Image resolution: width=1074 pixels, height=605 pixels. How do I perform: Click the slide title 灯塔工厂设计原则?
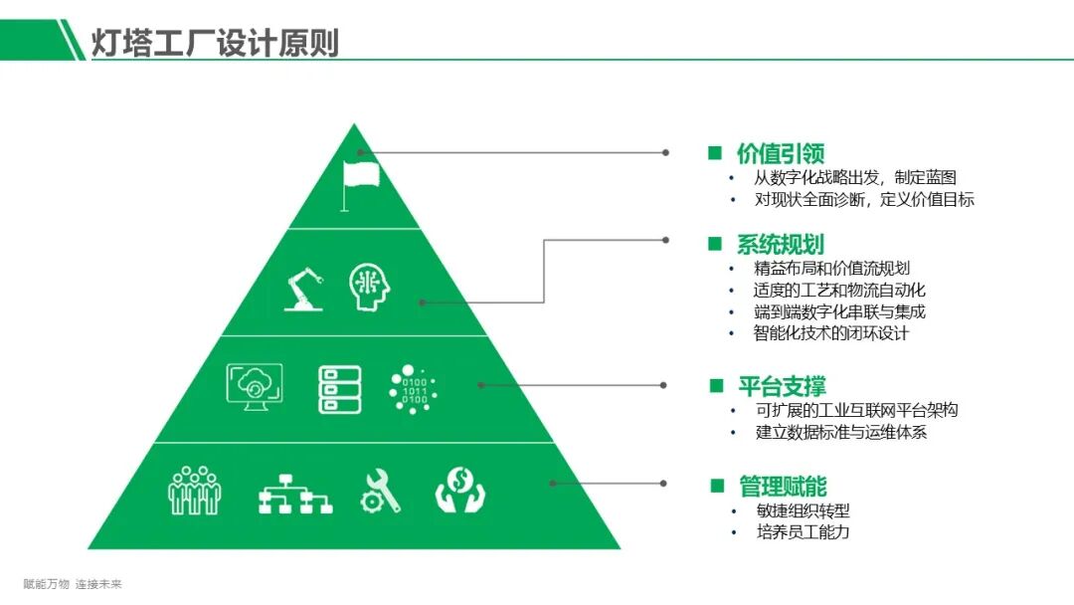(x=214, y=42)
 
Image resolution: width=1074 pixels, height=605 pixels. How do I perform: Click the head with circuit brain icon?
(x=369, y=287)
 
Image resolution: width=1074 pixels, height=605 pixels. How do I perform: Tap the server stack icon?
(x=339, y=389)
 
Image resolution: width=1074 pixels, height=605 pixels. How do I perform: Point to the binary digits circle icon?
(x=413, y=388)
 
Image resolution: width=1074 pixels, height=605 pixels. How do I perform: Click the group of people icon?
(x=195, y=491)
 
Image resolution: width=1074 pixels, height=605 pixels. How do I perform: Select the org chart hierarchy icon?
(x=294, y=492)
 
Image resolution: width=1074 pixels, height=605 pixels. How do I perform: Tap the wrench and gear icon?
(x=380, y=491)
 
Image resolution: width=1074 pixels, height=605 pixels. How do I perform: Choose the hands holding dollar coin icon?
(x=459, y=491)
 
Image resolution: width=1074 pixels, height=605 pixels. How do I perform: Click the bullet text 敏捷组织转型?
(x=803, y=511)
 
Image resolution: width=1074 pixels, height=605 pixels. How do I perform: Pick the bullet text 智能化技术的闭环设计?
(x=831, y=333)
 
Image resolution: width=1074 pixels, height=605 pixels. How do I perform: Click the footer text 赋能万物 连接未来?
(x=73, y=584)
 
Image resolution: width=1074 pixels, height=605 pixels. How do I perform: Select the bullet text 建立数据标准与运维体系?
(x=841, y=433)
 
